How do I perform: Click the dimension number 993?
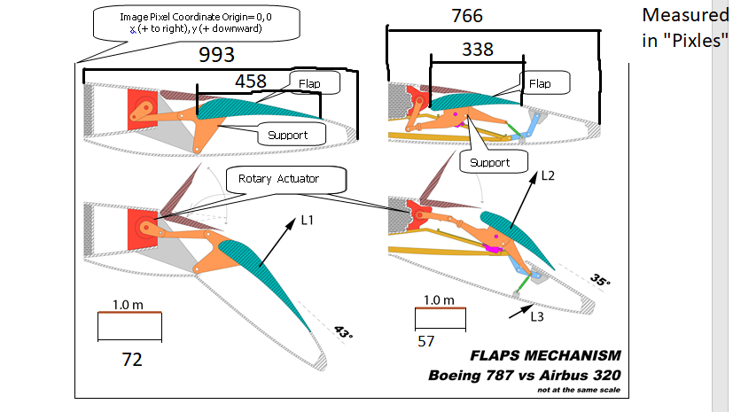pos(216,55)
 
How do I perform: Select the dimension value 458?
pos(251,82)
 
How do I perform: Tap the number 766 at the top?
pos(467,16)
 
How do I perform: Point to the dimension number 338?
pos(477,49)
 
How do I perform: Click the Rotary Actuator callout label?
pos(286,179)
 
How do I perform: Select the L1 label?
pos(308,220)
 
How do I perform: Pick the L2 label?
pos(548,175)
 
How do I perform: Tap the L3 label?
pos(537,316)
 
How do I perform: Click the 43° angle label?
pos(344,332)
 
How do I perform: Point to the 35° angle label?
pos(600,280)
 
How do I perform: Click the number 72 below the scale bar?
pos(132,360)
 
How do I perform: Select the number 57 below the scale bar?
pos(425,341)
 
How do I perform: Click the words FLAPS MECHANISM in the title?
pos(546,355)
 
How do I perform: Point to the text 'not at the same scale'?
pos(579,390)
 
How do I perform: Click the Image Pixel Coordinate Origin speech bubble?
pos(196,23)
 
